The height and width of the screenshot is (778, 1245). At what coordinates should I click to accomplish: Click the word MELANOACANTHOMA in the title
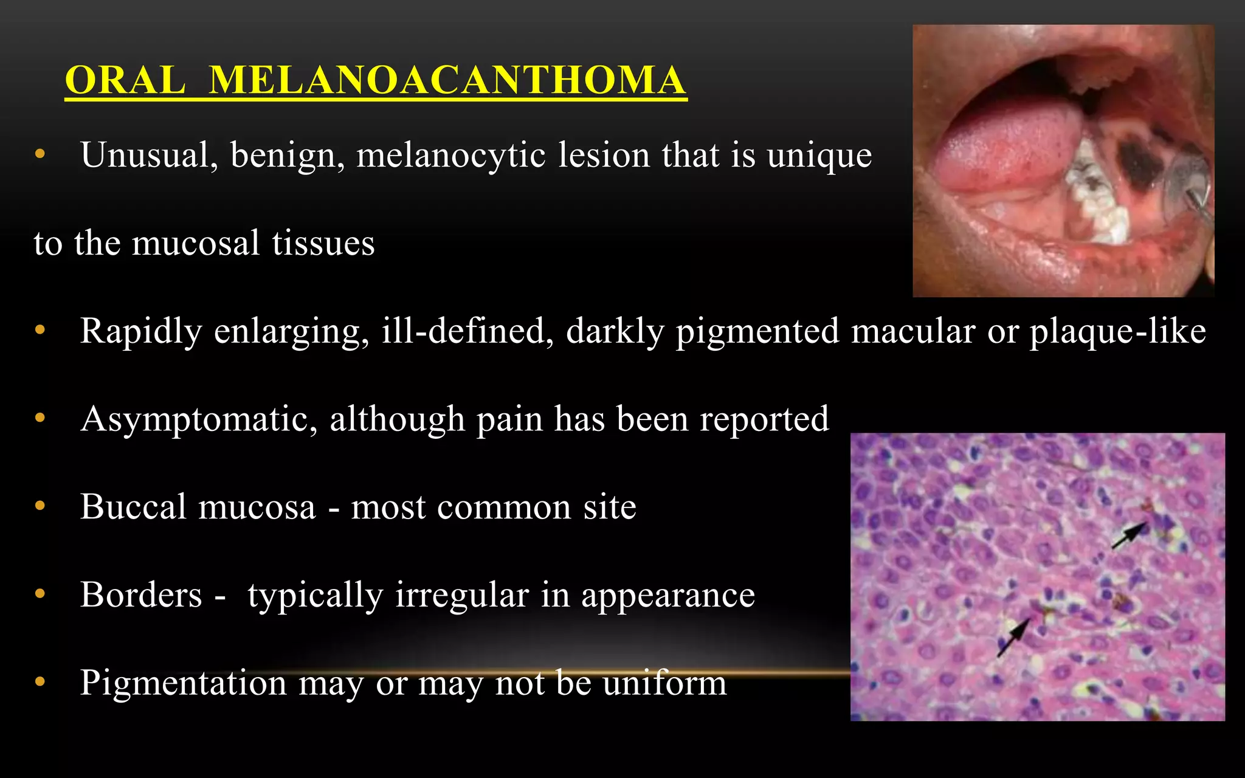coord(447,80)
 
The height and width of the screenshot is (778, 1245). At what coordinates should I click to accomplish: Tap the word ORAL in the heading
coord(125,80)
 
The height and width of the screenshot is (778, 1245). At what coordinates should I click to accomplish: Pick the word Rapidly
coord(141,332)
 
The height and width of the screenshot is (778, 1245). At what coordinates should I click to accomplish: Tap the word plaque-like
coord(1117,331)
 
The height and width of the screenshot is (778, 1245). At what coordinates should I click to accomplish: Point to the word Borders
coord(141,594)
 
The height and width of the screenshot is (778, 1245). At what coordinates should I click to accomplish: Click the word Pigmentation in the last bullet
coord(183,683)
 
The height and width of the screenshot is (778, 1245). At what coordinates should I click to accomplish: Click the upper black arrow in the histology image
coord(1128,535)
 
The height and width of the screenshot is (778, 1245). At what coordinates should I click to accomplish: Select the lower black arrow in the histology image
coord(1013,636)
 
